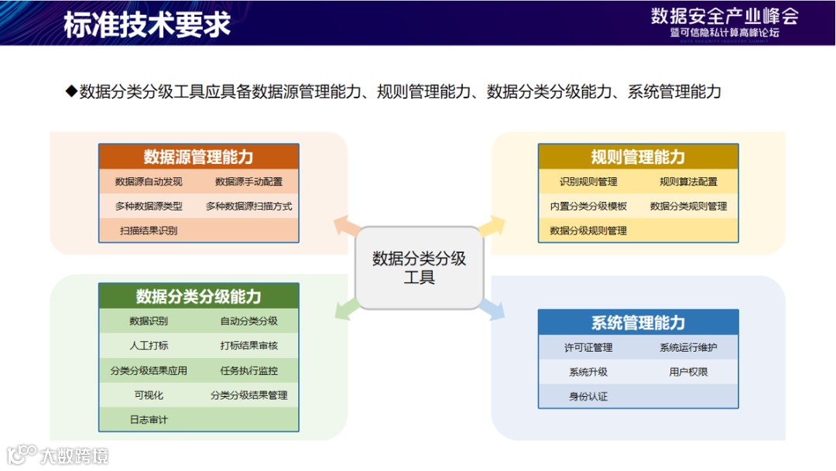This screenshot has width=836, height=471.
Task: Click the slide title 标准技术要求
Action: [147, 24]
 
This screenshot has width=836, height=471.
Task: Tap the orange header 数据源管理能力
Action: [198, 157]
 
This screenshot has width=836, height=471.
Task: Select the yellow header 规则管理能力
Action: [638, 157]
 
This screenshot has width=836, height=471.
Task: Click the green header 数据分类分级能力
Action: [198, 296]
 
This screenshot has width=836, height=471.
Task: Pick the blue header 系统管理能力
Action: [638, 323]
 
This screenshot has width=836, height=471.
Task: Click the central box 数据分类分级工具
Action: [419, 268]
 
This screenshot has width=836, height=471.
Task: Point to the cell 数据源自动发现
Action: [149, 182]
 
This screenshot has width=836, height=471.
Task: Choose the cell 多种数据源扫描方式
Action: [248, 206]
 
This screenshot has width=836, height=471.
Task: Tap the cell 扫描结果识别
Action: [149, 230]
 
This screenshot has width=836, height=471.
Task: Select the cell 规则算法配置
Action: [688, 182]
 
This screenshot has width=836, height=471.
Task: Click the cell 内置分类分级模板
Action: [588, 206]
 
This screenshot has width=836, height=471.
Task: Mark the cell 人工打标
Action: [149, 346]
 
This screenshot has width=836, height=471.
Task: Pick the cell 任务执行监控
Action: [248, 370]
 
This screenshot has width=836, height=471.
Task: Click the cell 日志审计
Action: [149, 419]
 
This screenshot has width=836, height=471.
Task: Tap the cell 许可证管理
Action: [588, 347]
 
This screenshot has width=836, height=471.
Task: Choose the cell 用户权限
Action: [688, 372]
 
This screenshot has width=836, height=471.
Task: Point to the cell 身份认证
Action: [588, 397]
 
